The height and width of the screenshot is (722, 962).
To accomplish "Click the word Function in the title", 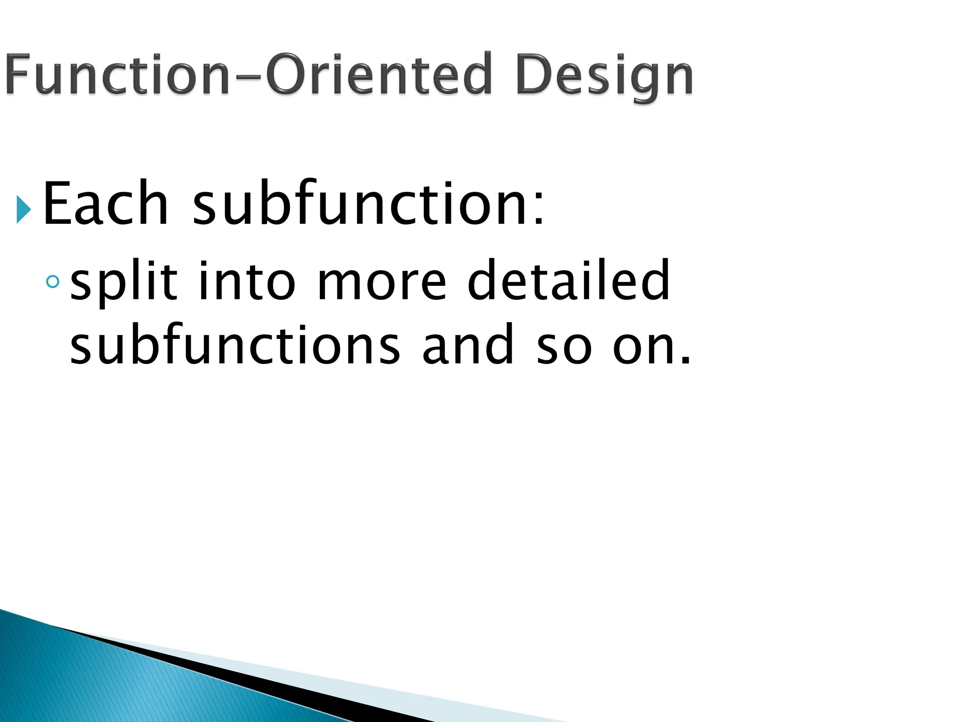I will pyautogui.click(x=117, y=74).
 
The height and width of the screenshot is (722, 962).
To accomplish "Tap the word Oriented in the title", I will pyautogui.click(x=379, y=74).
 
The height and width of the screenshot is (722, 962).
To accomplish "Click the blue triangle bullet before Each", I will pyautogui.click(x=23, y=209).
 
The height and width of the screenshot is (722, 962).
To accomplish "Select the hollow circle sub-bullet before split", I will pyautogui.click(x=53, y=282).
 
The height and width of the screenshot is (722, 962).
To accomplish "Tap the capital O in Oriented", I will pyautogui.click(x=287, y=74).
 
